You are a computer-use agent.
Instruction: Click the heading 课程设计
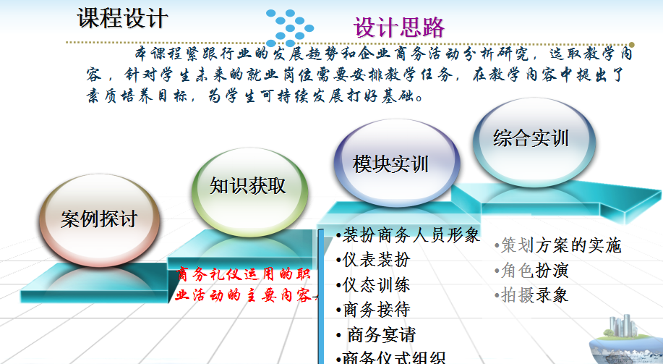coord(122,19)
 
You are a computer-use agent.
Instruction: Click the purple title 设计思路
coord(398,27)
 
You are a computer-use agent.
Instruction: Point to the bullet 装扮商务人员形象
coord(409,235)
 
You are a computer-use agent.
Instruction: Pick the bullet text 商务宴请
coord(378,334)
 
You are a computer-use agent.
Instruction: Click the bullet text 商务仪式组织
coord(391,357)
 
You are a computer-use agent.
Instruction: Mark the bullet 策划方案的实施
coord(559,245)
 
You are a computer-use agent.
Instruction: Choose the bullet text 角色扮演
coord(534,271)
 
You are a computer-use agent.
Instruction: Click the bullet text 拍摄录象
coord(534,295)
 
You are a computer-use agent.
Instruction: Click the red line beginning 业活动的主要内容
coord(243,296)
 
